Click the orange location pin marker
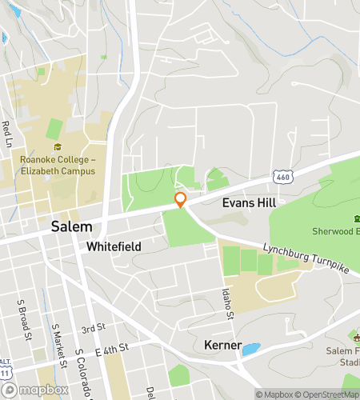[x=181, y=200]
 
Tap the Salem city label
[x=70, y=226]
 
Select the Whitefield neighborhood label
[x=114, y=246]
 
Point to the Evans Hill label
[x=249, y=203]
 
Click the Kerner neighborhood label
[x=218, y=345]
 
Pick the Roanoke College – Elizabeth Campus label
[x=58, y=166]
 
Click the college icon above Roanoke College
[x=58, y=147]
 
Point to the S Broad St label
[x=25, y=318]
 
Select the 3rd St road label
[x=93, y=329]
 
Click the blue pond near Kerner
[x=250, y=349]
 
